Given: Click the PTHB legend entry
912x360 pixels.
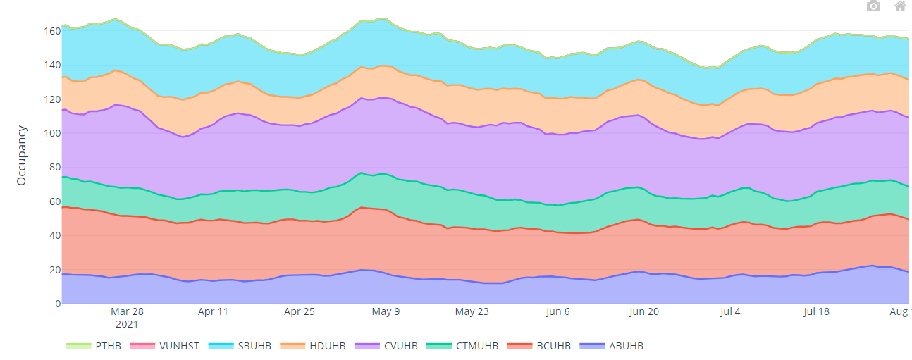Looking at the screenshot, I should pos(96,346).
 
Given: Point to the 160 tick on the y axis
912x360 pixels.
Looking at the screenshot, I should pos(52,32).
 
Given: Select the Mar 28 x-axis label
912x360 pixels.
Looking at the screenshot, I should pos(127,311).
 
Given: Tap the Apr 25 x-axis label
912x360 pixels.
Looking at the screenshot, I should pos(300,311).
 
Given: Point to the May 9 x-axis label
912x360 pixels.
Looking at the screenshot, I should pos(386,311).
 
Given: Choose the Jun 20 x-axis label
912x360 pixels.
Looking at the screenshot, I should pos(644,311).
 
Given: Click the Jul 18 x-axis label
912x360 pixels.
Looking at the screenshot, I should pos(817,311).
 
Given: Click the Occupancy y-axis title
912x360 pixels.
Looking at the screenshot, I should pos(21,156).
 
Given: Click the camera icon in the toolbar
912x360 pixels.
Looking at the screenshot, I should pos(873,6).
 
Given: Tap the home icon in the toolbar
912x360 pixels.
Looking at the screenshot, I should pos(900,6).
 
